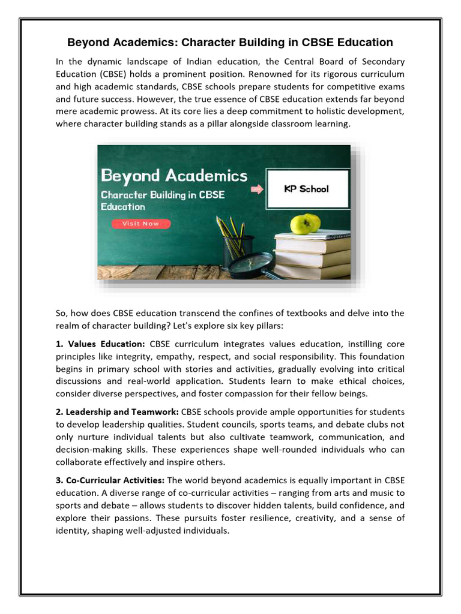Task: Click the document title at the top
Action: [230, 43]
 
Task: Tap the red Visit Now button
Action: [141, 224]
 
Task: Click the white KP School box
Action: [306, 189]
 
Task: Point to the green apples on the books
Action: [305, 224]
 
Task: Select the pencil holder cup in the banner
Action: [238, 251]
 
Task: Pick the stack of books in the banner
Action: [312, 255]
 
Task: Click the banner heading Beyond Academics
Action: [174, 176]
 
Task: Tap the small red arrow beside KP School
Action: [258, 189]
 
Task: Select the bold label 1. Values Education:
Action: [100, 344]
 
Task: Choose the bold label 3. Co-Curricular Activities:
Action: [110, 480]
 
